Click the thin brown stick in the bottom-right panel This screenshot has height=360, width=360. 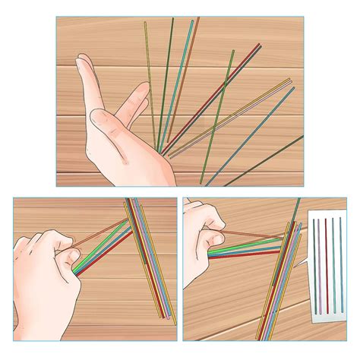pos(251,235)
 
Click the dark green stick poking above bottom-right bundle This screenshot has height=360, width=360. pos(295,209)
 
